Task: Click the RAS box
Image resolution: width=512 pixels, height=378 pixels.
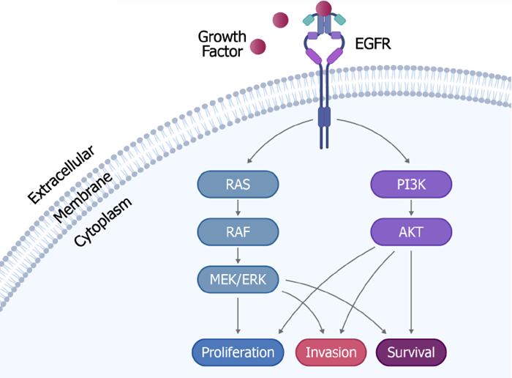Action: (238, 184)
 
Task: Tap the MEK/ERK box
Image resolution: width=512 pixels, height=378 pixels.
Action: (238, 279)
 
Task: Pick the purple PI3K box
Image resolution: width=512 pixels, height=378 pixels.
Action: (412, 184)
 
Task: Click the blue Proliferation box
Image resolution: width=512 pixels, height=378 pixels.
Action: (238, 352)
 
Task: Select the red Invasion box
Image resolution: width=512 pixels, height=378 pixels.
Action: (331, 352)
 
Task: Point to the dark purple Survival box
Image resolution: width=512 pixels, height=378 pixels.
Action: (411, 352)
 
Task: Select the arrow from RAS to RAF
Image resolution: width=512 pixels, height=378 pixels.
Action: (238, 208)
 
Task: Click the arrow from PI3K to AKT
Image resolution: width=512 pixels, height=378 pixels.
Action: (412, 208)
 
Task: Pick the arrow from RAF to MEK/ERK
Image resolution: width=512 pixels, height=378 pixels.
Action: (238, 256)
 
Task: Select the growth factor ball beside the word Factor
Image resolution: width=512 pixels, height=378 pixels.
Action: (257, 48)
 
